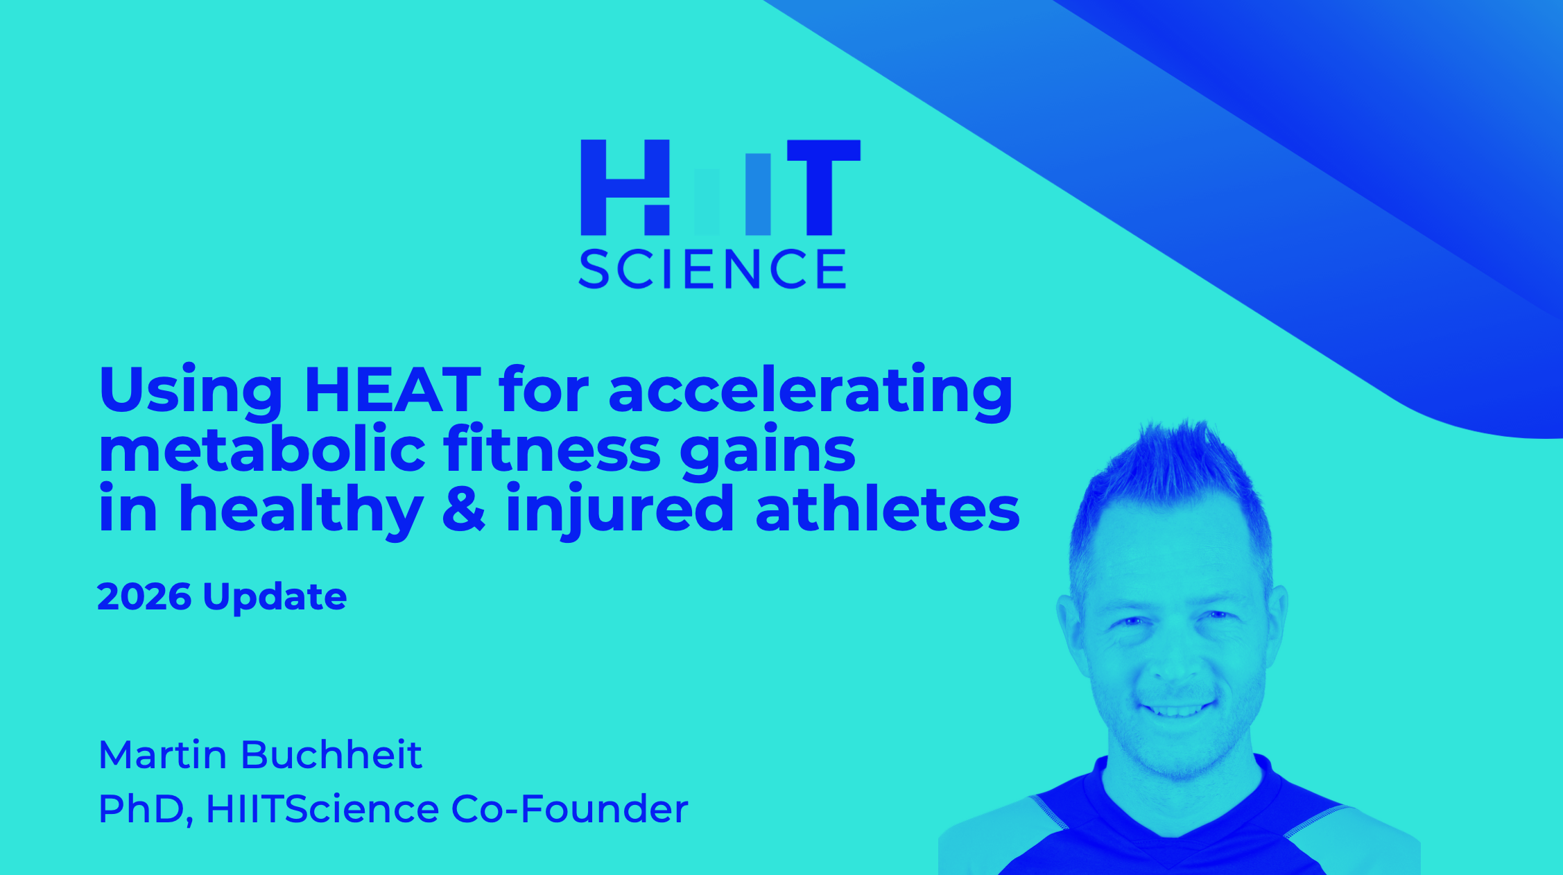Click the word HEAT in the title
[x=392, y=390]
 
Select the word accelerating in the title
[x=811, y=393]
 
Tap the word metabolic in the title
[x=262, y=449]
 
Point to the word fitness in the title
[x=552, y=449]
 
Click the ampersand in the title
[x=463, y=508]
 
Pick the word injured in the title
[x=619, y=511]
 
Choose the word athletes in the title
[x=888, y=508]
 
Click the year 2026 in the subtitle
[x=144, y=596]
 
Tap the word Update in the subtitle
[x=275, y=598]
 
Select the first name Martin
[x=163, y=754]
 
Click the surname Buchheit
[x=331, y=754]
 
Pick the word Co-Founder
[x=569, y=809]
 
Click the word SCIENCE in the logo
[x=713, y=269]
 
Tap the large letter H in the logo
[x=625, y=187]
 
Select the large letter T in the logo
[x=824, y=187]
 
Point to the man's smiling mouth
[x=1177, y=709]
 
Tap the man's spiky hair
[x=1172, y=471]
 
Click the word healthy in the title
[x=301, y=511]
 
